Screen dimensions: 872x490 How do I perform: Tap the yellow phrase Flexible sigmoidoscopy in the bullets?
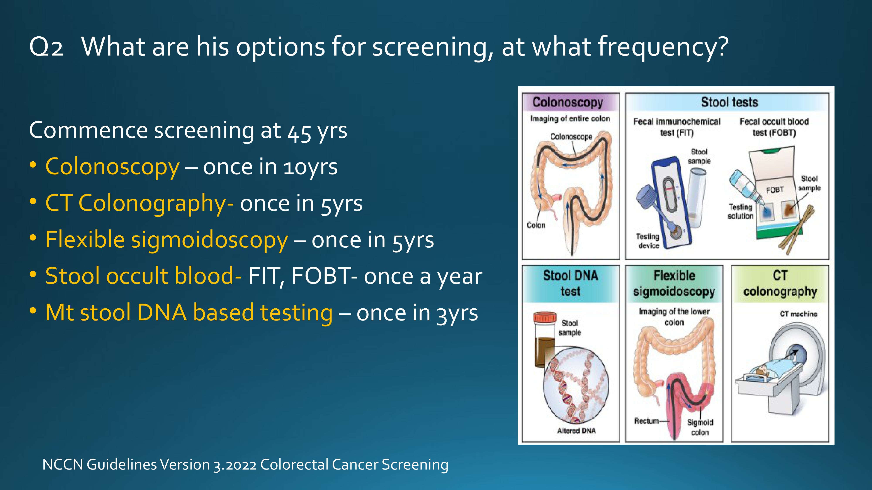coord(167,240)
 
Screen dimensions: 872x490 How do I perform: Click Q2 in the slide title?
coord(46,47)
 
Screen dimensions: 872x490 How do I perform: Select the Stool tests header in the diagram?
coord(729,102)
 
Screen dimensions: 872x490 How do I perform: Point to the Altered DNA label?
coord(576,431)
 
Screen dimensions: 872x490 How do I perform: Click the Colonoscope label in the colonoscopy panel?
coord(571,136)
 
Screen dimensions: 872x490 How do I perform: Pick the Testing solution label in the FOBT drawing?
coord(741,211)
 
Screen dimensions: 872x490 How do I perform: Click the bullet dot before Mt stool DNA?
coord(33,311)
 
